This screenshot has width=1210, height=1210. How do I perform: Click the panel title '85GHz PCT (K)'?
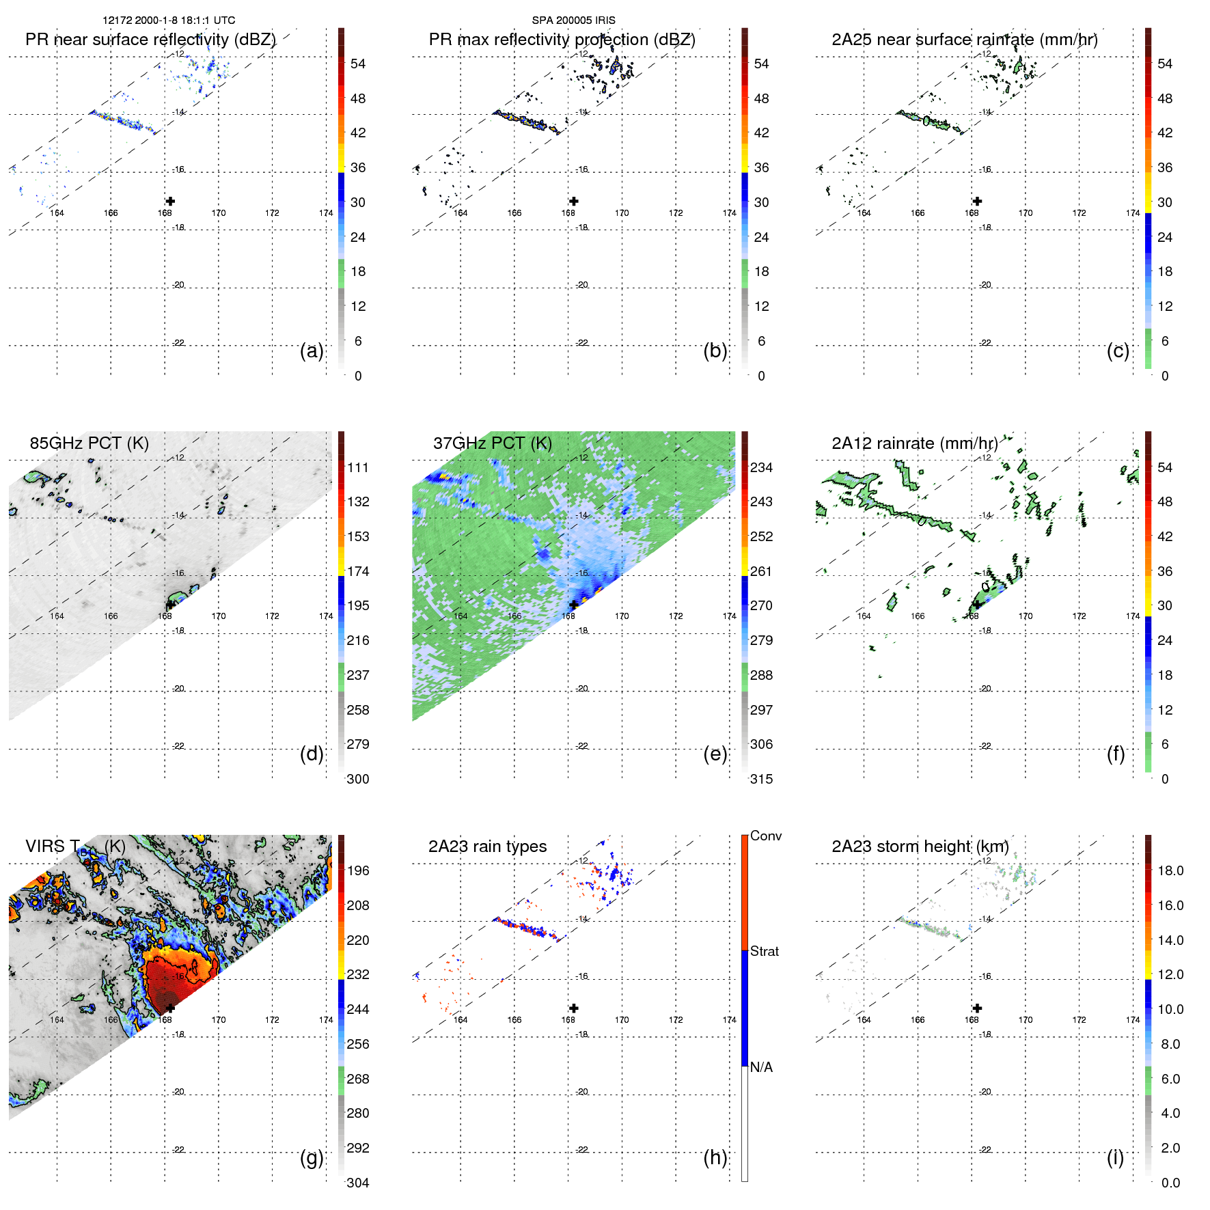click(x=89, y=443)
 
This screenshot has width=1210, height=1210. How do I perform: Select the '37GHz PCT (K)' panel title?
click(x=492, y=443)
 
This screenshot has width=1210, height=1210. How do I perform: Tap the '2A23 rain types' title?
click(x=487, y=847)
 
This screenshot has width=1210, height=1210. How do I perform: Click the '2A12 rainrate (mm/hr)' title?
click(x=914, y=443)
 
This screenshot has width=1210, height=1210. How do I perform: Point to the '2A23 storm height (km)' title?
click(x=920, y=847)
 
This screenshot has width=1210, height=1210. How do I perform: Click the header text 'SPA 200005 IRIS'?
click(x=573, y=20)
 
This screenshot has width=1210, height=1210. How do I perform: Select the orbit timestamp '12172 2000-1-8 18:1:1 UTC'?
click(x=169, y=20)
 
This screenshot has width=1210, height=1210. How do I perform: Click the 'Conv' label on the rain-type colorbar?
click(x=765, y=836)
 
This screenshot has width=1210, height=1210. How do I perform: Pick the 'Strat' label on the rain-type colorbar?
click(x=764, y=951)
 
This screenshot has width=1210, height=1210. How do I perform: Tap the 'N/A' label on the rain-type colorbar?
click(x=761, y=1067)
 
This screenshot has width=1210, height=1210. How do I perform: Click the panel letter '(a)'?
click(x=312, y=350)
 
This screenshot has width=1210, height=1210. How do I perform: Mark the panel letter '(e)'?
click(x=715, y=754)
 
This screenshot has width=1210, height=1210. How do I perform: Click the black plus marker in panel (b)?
click(x=574, y=201)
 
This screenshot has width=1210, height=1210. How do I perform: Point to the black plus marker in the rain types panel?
click(x=574, y=1008)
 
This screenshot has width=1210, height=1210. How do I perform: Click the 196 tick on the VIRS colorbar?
click(x=357, y=870)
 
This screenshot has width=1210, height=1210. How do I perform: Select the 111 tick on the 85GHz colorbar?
click(x=357, y=467)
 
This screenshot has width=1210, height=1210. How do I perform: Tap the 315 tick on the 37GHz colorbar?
click(x=761, y=779)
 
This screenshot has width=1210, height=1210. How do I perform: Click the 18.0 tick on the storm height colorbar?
click(x=1170, y=870)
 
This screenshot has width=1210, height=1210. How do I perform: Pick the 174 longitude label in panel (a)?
click(x=326, y=213)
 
